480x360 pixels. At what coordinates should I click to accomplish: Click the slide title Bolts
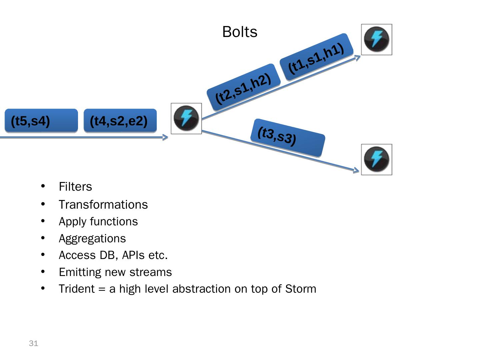click(240, 32)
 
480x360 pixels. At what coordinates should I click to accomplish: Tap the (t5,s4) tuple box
click(41, 121)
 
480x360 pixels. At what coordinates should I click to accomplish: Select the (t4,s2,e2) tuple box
click(120, 121)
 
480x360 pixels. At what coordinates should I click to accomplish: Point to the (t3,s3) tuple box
click(287, 138)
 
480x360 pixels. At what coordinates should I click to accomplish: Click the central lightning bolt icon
click(186, 118)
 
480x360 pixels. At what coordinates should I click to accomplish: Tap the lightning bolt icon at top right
click(376, 39)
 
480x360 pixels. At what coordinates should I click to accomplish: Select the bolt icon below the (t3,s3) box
click(376, 159)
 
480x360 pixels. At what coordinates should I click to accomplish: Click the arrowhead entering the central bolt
click(165, 137)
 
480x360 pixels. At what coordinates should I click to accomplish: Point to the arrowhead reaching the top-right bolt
click(358, 58)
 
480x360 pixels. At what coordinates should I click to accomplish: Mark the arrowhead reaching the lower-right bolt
click(356, 171)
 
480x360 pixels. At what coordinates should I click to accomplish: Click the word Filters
click(75, 187)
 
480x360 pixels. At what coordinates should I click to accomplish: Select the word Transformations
click(103, 205)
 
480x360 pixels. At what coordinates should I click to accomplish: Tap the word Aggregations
click(92, 239)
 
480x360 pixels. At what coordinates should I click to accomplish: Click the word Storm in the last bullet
click(301, 289)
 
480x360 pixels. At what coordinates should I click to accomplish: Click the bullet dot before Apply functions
click(43, 221)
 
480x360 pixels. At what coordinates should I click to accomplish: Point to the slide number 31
click(34, 343)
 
